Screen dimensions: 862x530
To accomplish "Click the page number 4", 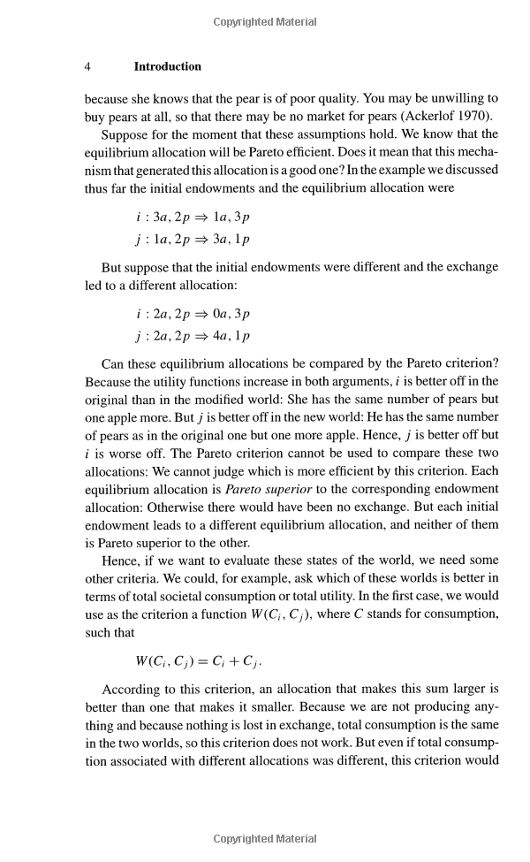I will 88,66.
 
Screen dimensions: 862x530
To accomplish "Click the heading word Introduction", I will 167,66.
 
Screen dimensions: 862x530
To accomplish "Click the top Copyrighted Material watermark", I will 265,22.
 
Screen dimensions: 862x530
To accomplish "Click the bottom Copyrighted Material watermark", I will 265,839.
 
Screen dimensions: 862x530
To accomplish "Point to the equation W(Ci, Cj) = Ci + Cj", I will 199,660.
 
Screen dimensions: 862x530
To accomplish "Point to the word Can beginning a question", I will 113,362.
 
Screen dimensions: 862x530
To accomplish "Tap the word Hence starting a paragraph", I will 120,561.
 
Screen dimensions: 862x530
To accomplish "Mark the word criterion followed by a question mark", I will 470,362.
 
